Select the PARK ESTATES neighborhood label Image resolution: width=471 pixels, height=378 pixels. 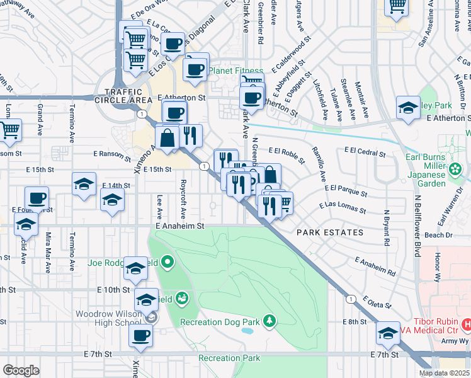[x=331, y=232]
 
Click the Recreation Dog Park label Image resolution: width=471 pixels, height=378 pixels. [x=219, y=323]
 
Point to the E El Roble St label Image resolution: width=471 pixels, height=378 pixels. [x=287, y=151]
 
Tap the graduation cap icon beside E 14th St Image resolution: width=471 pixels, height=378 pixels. [x=112, y=200]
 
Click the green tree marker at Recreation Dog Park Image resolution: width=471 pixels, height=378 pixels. [x=270, y=321]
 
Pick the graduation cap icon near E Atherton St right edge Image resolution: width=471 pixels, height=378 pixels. [x=408, y=107]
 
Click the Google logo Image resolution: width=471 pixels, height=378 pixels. [x=20, y=370]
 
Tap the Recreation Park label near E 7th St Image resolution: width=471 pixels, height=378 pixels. [x=229, y=358]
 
